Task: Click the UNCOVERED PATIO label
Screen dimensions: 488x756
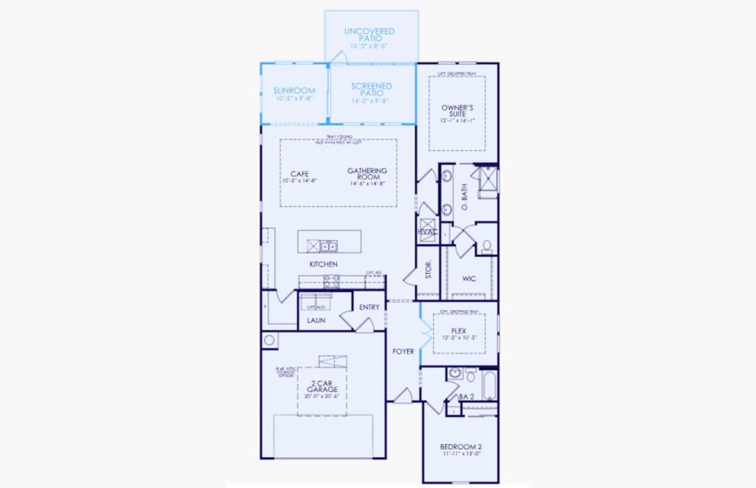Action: point(369,35)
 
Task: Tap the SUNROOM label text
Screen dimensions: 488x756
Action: point(294,90)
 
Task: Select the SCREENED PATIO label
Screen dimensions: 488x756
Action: point(371,89)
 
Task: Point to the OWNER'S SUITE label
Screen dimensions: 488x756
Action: point(457,111)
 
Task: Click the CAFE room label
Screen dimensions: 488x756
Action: point(299,173)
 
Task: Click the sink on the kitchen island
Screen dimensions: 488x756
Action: point(327,245)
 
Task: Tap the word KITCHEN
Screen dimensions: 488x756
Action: point(323,265)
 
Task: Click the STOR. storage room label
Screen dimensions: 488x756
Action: point(429,270)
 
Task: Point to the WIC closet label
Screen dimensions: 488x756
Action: point(469,278)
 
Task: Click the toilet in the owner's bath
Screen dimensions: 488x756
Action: point(486,246)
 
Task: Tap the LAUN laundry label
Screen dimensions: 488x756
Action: point(317,320)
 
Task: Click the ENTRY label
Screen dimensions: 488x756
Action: point(369,307)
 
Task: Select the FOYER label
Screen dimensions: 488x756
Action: point(404,351)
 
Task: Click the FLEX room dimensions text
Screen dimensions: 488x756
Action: point(459,338)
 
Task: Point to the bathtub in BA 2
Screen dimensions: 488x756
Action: point(488,386)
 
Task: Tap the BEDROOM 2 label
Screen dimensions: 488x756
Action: point(461,447)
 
